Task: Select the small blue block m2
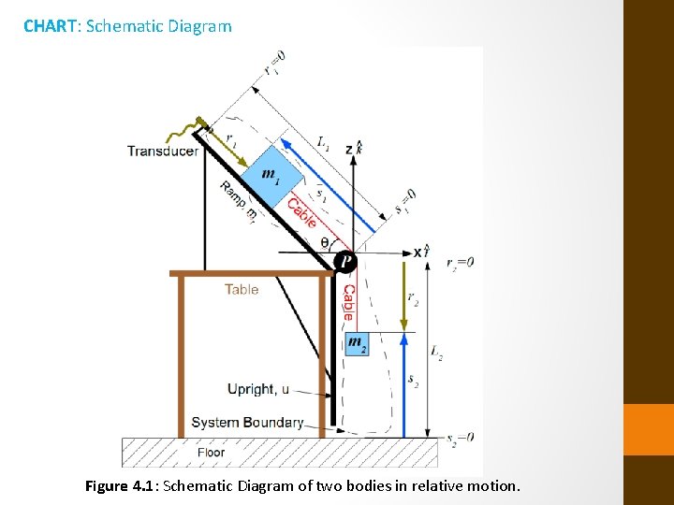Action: click(357, 343)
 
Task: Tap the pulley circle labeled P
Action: click(346, 262)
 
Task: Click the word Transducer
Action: click(163, 151)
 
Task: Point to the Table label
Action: click(242, 289)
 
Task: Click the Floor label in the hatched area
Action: click(211, 453)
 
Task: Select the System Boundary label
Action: click(247, 423)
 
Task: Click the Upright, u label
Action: click(257, 389)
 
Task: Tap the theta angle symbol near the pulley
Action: click(325, 242)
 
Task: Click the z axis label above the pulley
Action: click(349, 150)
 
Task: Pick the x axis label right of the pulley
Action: click(418, 252)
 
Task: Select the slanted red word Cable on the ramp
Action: click(301, 213)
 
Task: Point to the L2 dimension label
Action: click(436, 352)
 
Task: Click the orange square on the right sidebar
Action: click(649, 429)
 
